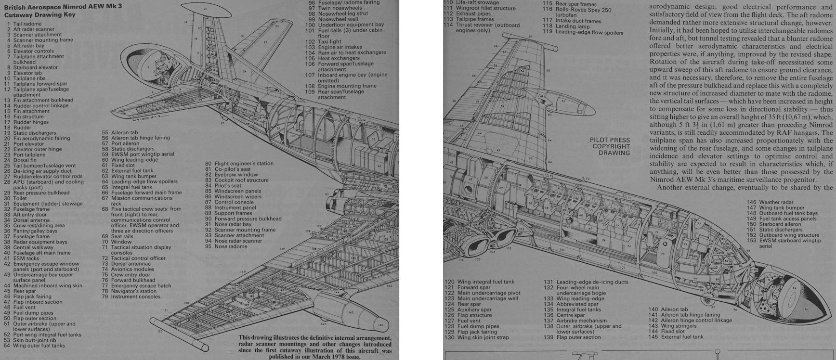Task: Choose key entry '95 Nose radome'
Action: [x=226, y=246]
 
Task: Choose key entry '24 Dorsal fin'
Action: [x=25, y=160]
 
